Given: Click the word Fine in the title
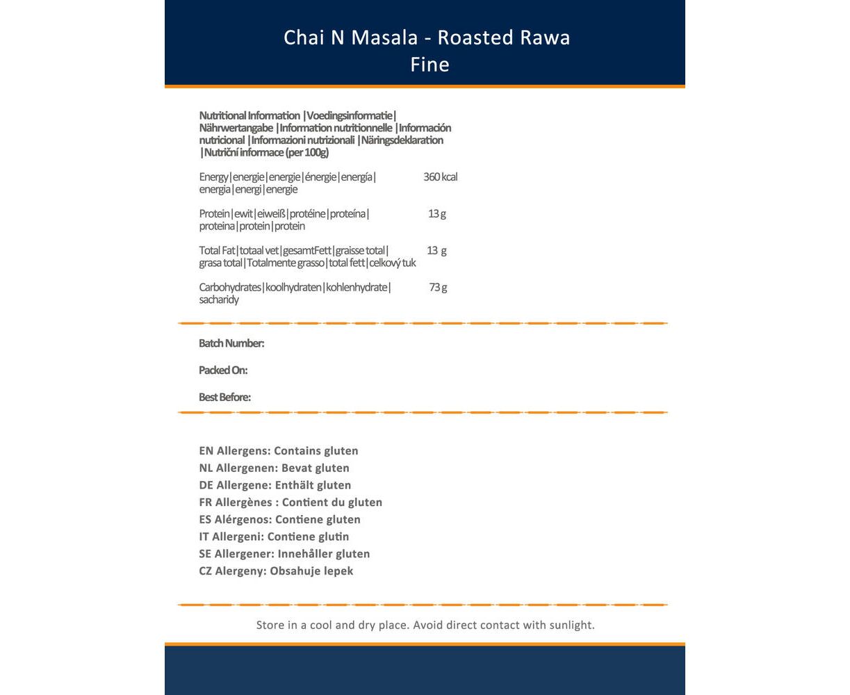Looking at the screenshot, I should coord(430,65).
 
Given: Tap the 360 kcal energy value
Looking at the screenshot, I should coord(440,177).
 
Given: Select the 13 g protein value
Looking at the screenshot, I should coord(437,214).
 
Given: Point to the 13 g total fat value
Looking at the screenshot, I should coord(436,251).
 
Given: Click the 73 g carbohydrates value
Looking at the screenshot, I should coord(438,288).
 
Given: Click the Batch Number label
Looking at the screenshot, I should coord(231,343).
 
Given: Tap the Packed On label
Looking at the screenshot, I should coord(223,370).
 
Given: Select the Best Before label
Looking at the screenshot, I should coord(224,398).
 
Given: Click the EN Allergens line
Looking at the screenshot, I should coord(279,451).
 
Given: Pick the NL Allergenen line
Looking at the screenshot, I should coord(274,468).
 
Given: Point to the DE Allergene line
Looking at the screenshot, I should coord(275,485).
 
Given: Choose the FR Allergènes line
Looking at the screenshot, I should coord(291,502).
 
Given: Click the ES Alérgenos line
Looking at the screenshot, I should coord(279,520).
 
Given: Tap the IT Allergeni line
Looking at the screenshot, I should coord(274,537).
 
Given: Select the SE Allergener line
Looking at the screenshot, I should coord(284,554).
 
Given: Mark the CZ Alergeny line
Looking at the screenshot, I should coord(276,571).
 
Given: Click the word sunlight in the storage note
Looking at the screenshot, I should coord(570,625).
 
